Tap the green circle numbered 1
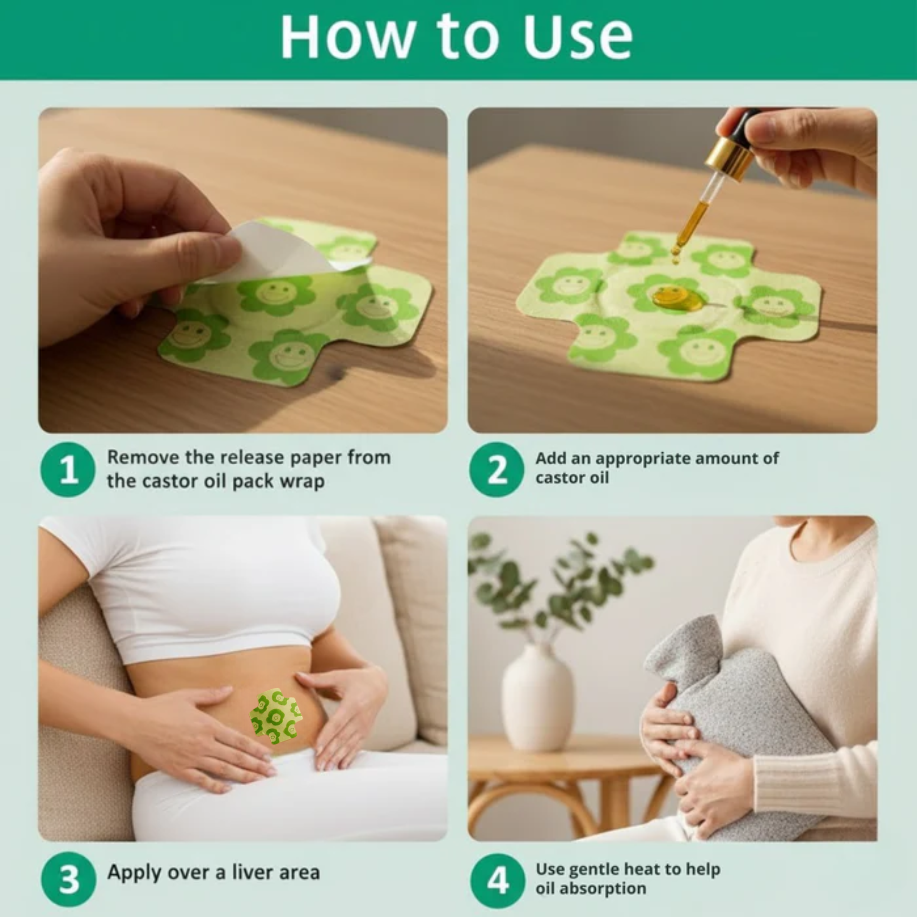click(68, 469)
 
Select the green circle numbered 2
click(497, 469)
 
